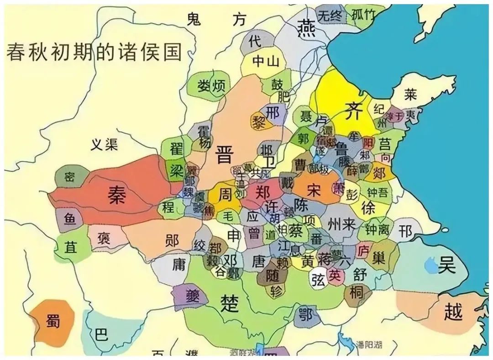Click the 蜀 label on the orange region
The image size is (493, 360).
pyautogui.click(x=53, y=322)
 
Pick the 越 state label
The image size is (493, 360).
pyautogui.click(x=453, y=312)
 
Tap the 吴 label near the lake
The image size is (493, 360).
pyautogui.click(x=447, y=265)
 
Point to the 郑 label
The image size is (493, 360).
pyautogui.click(x=262, y=191)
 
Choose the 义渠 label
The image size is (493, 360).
pyautogui.click(x=104, y=145)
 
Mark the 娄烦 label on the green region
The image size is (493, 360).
pyautogui.click(x=211, y=85)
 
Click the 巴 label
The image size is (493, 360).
pyautogui.click(x=101, y=336)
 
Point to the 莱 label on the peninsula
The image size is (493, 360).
pyautogui.click(x=410, y=94)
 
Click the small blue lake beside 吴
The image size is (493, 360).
pyautogui.click(x=430, y=265)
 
